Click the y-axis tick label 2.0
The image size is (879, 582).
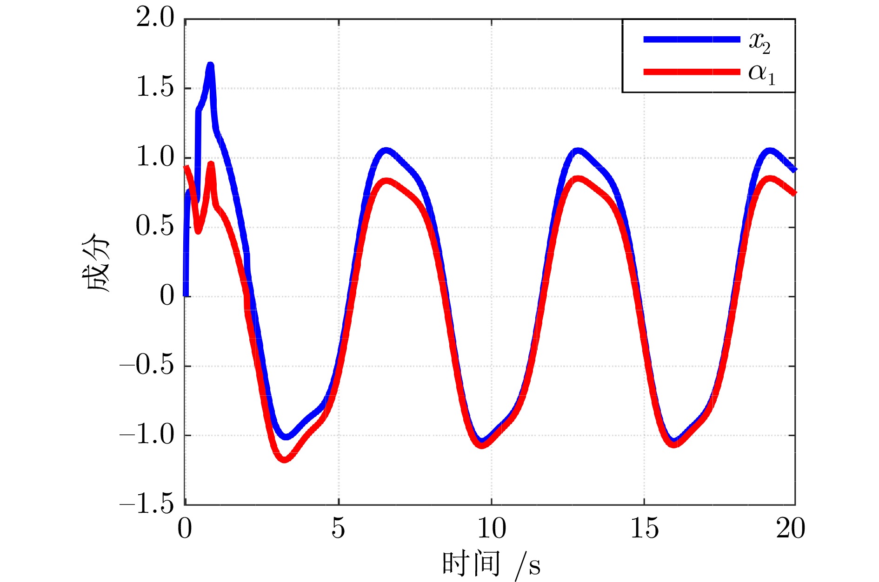point(155,19)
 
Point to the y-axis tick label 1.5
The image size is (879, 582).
point(155,88)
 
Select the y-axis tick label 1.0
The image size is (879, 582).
point(155,157)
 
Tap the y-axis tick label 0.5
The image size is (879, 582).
point(155,227)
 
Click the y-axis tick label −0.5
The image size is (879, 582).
point(147,366)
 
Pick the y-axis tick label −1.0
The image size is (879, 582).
point(147,435)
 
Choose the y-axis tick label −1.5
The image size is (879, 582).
point(147,504)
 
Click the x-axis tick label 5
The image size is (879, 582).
point(339,528)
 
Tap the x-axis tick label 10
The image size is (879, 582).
point(492,528)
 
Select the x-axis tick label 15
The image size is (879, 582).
point(644,528)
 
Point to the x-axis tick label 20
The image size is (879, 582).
point(791,528)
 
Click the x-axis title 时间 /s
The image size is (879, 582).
point(491,563)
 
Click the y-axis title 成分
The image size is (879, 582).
point(96,262)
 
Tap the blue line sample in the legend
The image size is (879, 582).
point(691,39)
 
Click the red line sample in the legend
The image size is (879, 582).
point(691,72)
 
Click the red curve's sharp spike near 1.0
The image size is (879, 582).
point(211,164)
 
